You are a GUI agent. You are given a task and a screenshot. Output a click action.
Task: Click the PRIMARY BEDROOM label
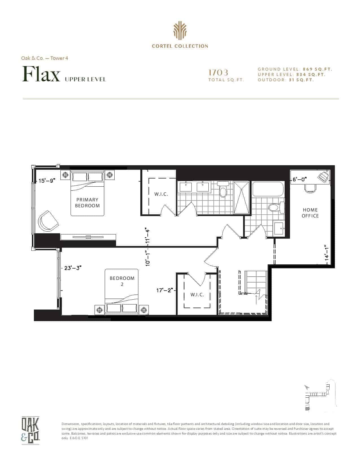pos(87,203)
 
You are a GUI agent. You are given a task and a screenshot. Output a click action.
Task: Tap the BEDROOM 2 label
pos(122,281)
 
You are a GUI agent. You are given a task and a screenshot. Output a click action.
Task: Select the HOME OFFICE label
pos(310,213)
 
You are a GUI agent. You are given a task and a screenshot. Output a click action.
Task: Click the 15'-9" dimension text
pos(47,181)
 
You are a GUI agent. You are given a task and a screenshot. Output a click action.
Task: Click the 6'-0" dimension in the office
pos(300,179)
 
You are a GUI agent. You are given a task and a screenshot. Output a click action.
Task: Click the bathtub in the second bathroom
pos(268,189)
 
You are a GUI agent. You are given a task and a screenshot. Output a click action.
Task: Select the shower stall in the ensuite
pos(242,197)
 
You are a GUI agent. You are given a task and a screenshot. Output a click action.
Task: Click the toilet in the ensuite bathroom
pos(223,189)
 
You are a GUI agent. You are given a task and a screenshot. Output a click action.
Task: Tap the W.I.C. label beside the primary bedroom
pos(161,194)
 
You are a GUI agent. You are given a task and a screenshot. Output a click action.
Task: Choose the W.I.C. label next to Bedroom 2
pos(197,295)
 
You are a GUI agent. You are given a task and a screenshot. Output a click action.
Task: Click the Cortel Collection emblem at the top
pos(180,31)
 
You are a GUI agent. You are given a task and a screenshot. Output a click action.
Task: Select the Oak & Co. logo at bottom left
pos(30,430)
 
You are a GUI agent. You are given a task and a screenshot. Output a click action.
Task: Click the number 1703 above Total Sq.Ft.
pos(218,73)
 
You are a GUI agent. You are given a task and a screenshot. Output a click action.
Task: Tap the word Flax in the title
pos(41,74)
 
